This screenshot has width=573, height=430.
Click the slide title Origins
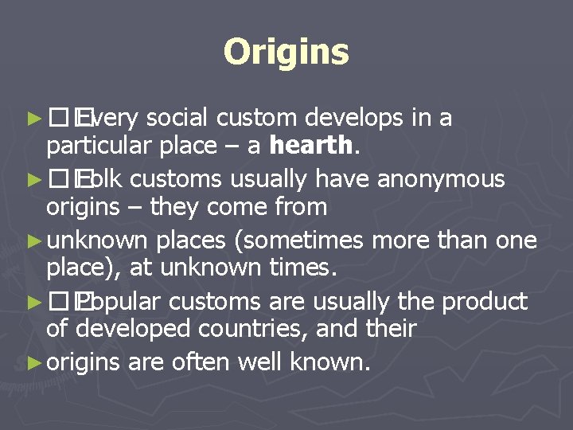point(286,53)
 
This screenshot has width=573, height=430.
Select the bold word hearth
point(310,146)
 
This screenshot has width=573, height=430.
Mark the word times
point(306,268)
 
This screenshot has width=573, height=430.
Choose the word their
point(388,328)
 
